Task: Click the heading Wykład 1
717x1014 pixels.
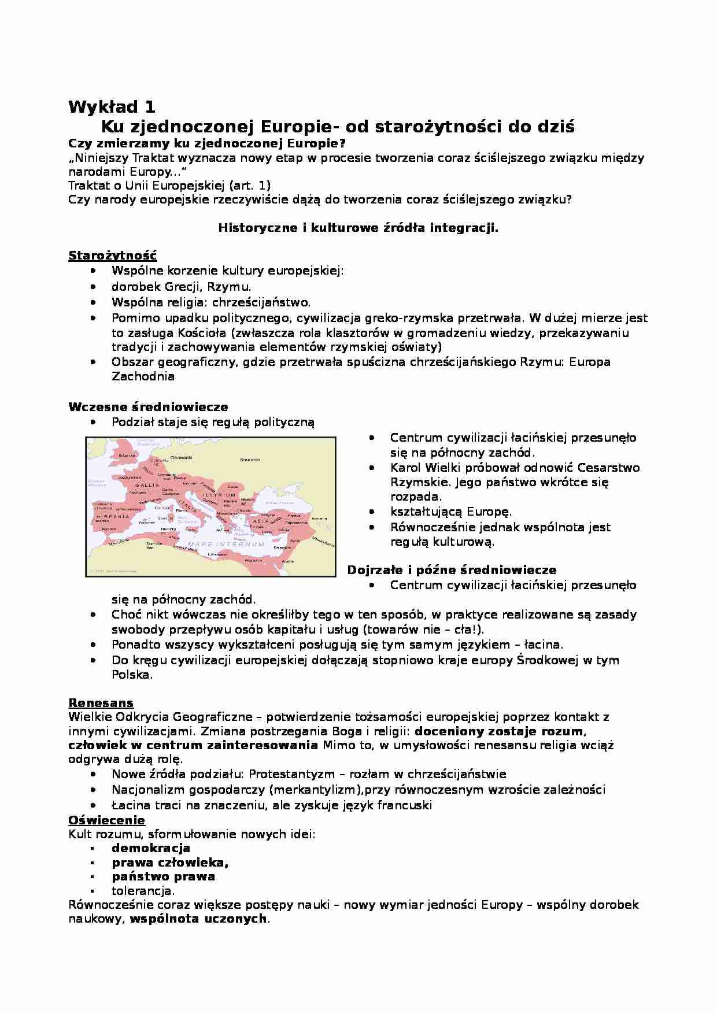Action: pyautogui.click(x=112, y=107)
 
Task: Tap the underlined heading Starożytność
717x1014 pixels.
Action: pyautogui.click(x=112, y=256)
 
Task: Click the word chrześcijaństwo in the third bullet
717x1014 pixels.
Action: pyautogui.click(x=261, y=302)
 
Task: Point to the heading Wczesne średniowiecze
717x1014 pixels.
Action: pyautogui.click(x=148, y=407)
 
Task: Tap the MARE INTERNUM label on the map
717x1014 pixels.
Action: pyautogui.click(x=226, y=544)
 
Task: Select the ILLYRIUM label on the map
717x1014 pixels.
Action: pyautogui.click(x=220, y=495)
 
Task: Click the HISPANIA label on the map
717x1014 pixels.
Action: pyautogui.click(x=113, y=516)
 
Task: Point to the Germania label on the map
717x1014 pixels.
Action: pyautogui.click(x=182, y=457)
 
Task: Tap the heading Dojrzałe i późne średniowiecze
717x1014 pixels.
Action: pyautogui.click(x=452, y=570)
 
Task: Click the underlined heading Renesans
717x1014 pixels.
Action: pyautogui.click(x=101, y=703)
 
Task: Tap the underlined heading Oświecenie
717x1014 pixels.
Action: pyautogui.click(x=106, y=820)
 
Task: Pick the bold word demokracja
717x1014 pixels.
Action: pyautogui.click(x=151, y=848)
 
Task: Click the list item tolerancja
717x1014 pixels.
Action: pyautogui.click(x=143, y=891)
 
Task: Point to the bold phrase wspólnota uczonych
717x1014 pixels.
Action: pyautogui.click(x=198, y=919)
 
